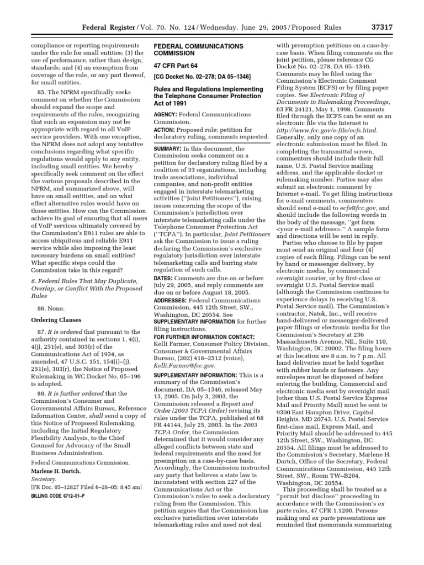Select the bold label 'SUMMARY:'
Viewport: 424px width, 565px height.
click(169, 148)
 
